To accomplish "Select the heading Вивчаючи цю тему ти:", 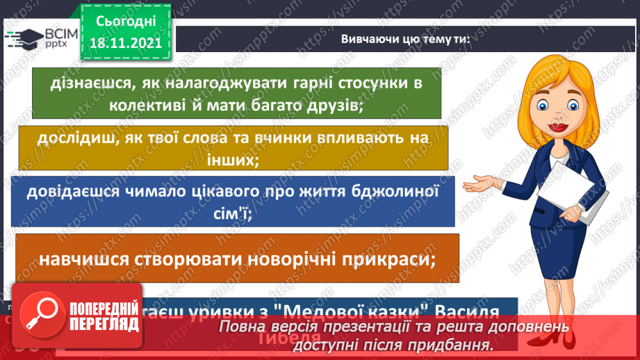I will (x=405, y=39).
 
